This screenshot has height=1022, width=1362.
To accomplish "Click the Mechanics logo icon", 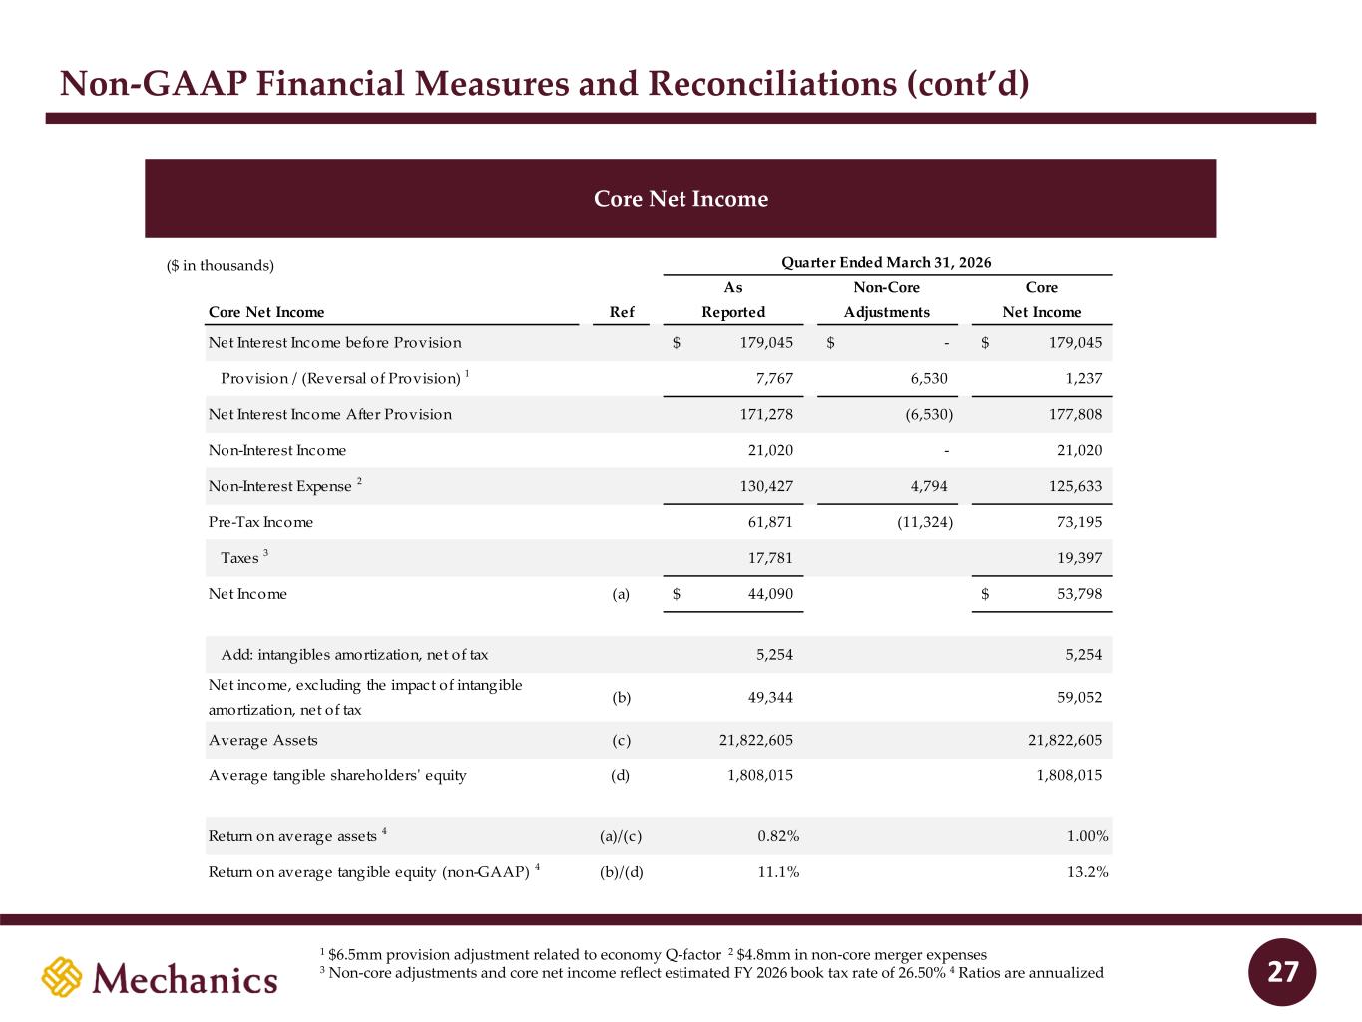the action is point(62,977).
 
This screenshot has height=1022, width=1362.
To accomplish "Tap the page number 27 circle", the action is point(1282,972).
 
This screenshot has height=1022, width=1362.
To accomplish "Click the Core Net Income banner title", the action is point(681,199).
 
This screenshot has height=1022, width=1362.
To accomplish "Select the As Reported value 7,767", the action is point(774,378).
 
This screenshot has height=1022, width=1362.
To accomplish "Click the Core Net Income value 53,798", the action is point(1079,594).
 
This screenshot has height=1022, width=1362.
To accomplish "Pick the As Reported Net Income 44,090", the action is point(770,594).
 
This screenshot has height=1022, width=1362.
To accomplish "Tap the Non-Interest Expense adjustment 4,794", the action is point(929,486).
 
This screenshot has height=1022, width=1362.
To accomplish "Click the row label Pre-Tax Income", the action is point(260,522).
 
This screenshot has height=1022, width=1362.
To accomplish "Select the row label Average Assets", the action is point(263,740).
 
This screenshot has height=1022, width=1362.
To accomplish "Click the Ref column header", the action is point(622,312).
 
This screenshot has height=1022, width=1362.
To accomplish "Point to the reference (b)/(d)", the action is point(621,872).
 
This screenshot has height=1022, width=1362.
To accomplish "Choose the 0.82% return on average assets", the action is point(778,836).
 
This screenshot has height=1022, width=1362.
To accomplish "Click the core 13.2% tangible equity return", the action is point(1088,872).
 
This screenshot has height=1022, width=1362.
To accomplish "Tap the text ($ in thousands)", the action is point(221,266).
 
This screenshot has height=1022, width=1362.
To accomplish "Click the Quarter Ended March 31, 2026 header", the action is point(886,263).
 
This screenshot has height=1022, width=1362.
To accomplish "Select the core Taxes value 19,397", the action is point(1079,558).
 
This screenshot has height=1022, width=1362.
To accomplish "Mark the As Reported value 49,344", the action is point(770,697).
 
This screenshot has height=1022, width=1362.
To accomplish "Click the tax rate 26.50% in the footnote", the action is point(922,973).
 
